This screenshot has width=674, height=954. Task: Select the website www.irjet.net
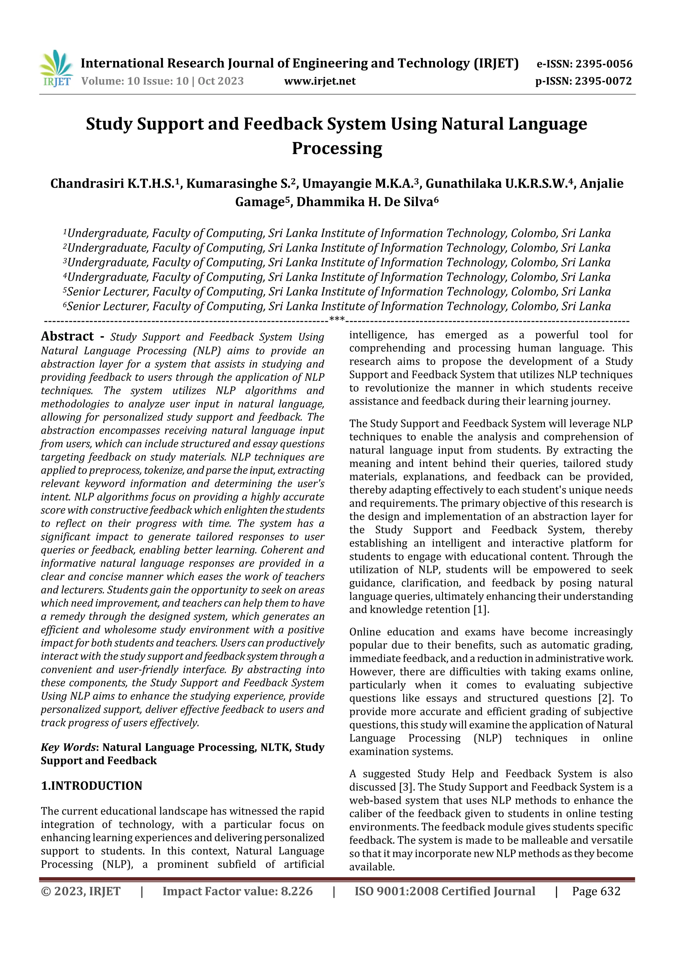click(x=320, y=81)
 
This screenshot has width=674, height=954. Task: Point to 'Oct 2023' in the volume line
click(x=220, y=81)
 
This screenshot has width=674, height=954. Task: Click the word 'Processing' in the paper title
click(x=337, y=148)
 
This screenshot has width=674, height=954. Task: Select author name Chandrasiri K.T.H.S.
click(x=112, y=184)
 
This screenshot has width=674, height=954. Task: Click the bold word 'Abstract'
click(x=67, y=336)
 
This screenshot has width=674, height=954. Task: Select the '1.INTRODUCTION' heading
click(x=91, y=786)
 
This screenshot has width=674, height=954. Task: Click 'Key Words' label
click(x=68, y=748)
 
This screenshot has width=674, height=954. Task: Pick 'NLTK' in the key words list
click(x=274, y=748)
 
